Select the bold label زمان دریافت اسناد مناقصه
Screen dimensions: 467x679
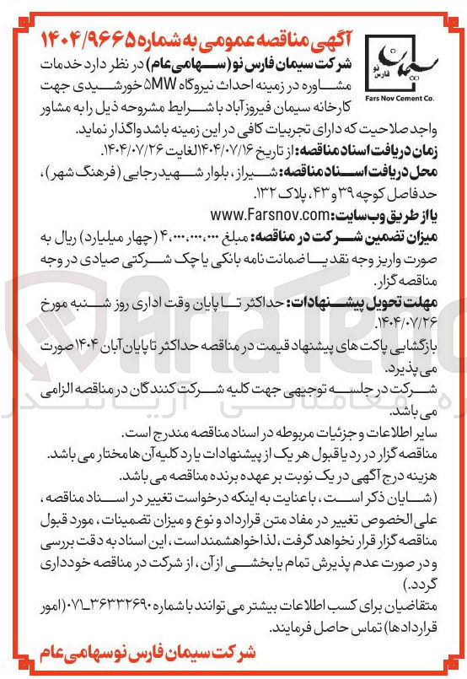pos(384,148)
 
